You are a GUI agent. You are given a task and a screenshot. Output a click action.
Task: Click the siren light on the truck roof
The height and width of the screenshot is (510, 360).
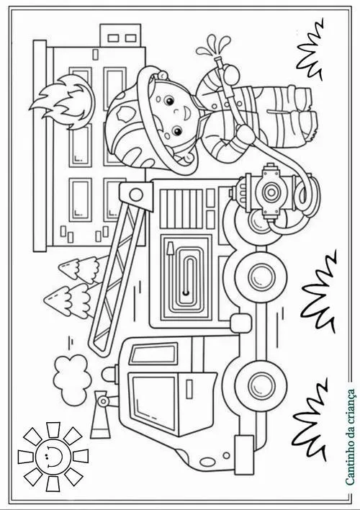point(110,374)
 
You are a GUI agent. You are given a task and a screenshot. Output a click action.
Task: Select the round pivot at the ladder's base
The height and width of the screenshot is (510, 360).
point(136,195)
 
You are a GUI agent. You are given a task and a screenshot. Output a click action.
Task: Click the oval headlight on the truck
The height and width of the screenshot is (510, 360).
point(208,461)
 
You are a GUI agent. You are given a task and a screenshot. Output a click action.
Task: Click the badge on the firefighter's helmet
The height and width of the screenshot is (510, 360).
point(125,114)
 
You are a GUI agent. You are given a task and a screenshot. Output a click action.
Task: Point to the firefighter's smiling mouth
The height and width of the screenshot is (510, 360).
point(189,112)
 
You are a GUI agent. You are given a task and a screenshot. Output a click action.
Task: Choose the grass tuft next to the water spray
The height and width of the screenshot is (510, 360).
point(310,50)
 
